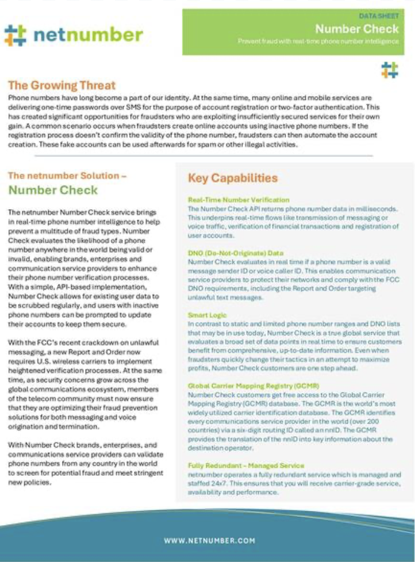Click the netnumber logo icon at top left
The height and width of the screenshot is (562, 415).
(x=15, y=34)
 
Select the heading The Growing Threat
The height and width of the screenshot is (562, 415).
(x=62, y=86)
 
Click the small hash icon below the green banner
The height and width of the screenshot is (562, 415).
(x=389, y=70)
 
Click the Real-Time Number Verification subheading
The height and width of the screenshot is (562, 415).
(x=239, y=200)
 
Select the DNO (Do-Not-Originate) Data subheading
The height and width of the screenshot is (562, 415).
(x=236, y=252)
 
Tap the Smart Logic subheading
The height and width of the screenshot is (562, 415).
(x=207, y=315)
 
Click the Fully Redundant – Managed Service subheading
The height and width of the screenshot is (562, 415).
(x=246, y=465)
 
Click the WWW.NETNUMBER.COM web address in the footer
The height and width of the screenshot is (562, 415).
(x=209, y=540)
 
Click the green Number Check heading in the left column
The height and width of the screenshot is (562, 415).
(x=53, y=190)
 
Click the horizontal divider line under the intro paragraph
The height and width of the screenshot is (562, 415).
(x=190, y=156)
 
